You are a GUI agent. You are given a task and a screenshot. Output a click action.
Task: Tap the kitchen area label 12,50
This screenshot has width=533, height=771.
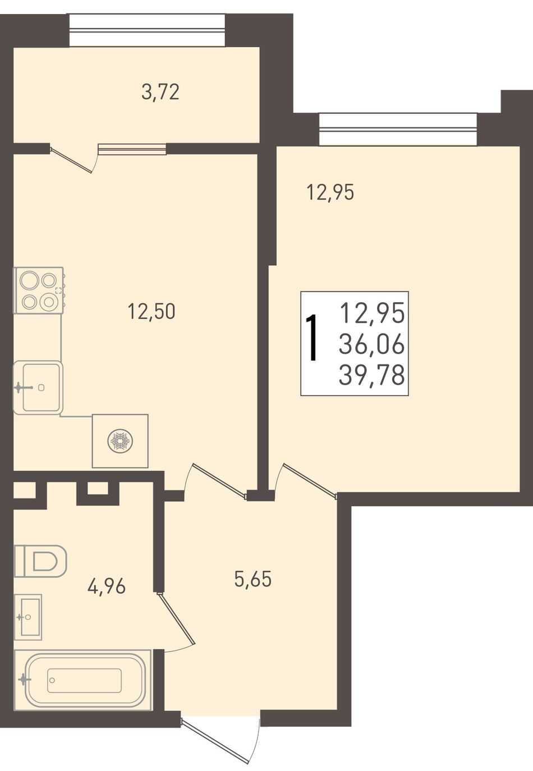tap(151, 311)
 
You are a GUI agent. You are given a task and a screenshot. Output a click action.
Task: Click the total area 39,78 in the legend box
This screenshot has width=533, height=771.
tap(371, 375)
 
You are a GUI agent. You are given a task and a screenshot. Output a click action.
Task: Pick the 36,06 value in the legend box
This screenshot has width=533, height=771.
tap(371, 344)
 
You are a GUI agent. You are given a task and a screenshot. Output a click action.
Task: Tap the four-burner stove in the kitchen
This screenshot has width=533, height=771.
tap(39, 290)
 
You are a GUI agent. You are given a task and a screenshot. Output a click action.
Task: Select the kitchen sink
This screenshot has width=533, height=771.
tap(38, 387)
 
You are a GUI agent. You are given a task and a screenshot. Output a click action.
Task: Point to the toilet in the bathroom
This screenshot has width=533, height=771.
tap(40, 561)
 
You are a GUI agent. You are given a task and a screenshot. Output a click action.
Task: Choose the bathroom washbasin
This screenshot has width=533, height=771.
tap(28, 617)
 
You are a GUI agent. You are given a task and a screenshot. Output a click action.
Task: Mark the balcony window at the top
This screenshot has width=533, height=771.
tap(148, 30)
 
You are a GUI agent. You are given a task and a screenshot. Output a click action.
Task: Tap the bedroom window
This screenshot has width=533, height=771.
tap(398, 130)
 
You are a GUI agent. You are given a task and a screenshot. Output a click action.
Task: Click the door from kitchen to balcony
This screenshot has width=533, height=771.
tap(73, 159)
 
